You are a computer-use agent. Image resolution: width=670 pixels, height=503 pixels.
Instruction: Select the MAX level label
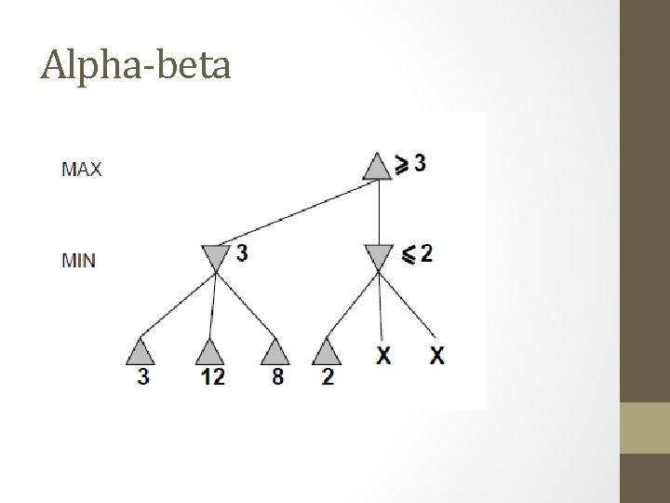[81, 169]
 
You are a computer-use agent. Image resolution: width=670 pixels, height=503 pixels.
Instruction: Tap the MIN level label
[78, 260]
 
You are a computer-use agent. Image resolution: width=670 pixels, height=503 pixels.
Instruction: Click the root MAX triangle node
[377, 168]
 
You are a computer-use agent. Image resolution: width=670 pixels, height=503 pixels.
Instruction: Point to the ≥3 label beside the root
[412, 163]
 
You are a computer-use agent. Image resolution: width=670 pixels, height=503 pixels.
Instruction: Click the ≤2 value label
[416, 253]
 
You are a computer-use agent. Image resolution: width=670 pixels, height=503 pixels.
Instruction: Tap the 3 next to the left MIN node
[242, 252]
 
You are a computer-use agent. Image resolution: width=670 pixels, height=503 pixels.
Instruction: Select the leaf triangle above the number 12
[210, 351]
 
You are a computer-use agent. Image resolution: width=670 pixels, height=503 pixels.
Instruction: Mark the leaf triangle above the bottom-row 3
[142, 351]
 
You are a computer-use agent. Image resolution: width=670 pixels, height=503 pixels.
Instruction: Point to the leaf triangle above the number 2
[326, 351]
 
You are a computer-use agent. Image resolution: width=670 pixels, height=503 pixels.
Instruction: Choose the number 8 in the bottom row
[276, 378]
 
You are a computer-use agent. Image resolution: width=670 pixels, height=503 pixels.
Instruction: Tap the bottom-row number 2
[328, 378]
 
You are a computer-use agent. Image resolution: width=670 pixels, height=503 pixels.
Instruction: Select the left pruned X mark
[382, 355]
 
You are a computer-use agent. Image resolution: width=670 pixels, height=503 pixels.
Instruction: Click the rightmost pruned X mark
[435, 355]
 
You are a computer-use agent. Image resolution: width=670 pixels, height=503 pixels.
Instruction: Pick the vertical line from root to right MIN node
[379, 212]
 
